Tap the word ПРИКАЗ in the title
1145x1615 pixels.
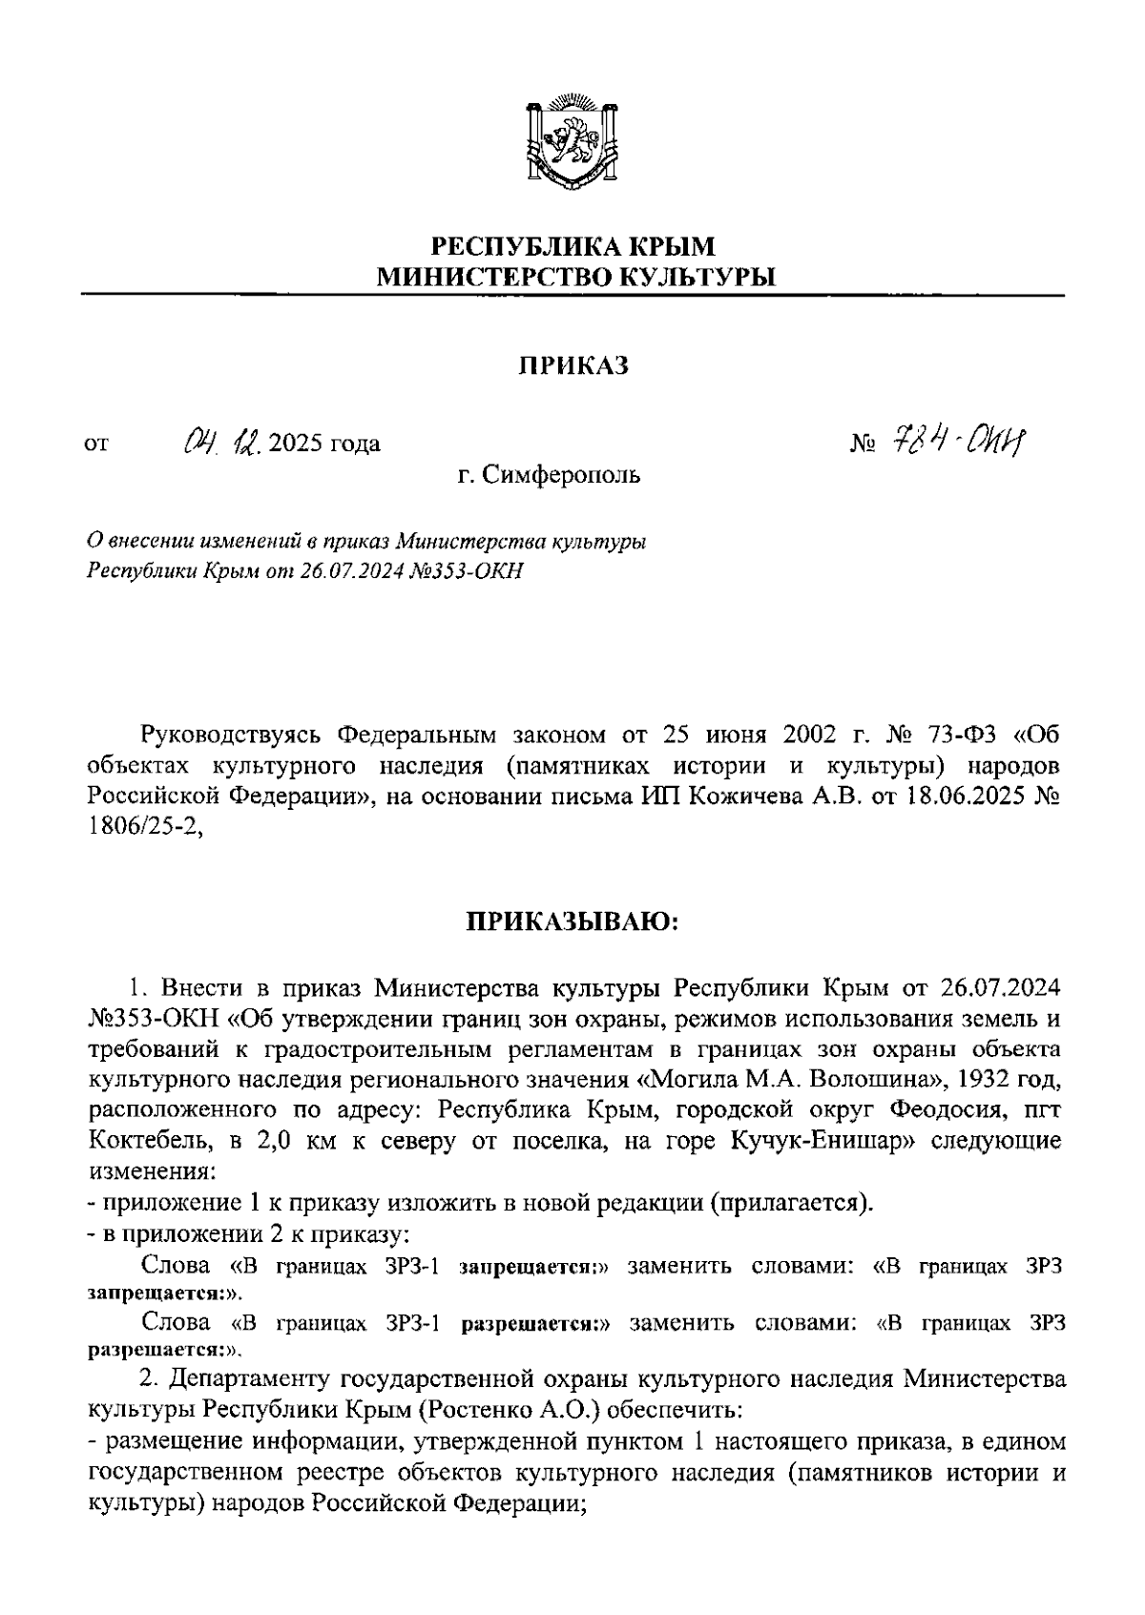573,366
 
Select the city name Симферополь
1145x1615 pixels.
561,474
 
